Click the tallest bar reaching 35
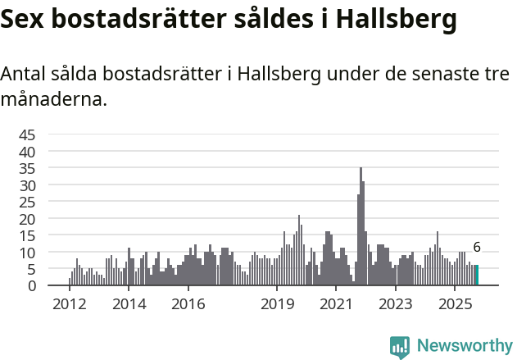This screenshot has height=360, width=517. point(361,226)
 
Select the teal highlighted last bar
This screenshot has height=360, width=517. point(477,276)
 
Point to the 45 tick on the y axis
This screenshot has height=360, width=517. point(27,135)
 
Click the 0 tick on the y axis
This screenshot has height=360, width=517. point(32,286)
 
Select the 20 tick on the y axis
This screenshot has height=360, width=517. point(27,219)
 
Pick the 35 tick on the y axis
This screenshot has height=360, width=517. point(27,169)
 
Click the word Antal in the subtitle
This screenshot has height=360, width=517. point(25,74)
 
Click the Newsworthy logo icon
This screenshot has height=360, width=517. point(400,347)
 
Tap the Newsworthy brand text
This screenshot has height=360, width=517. point(464,346)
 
